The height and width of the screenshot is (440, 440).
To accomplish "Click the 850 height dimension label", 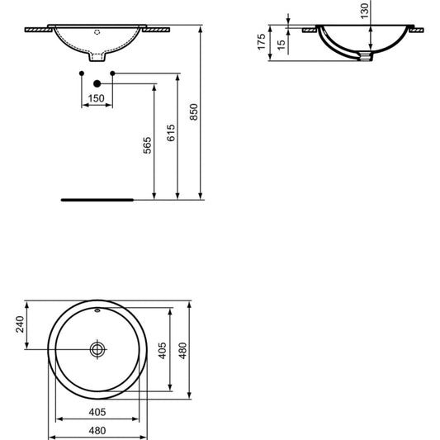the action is coord(194,112).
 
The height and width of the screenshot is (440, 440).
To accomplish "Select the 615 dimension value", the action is coord(171,133).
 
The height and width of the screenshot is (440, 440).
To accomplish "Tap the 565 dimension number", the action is coord(147,145).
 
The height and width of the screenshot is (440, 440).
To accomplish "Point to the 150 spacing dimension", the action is coord(97,98).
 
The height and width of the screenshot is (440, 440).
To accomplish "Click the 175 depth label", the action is coord(262,42).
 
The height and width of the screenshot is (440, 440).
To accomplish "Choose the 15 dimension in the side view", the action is coord(281,45).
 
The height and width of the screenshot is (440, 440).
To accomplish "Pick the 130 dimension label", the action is coord(365,11).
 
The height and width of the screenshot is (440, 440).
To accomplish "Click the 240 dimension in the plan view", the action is coord(20,324).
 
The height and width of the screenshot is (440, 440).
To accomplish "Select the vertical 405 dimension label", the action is coord(163,351).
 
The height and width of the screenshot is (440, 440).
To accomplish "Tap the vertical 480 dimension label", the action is coord(182,351).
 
